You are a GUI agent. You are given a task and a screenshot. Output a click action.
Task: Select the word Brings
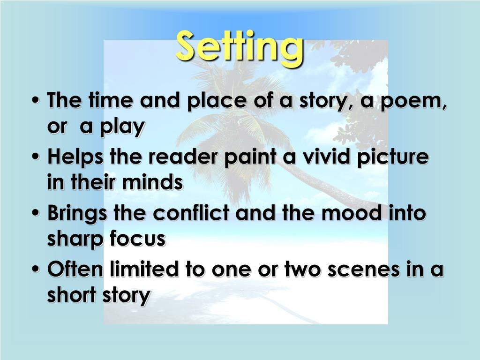pos(78,213)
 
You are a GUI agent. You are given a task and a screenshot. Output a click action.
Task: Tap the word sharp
pos(75,239)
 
